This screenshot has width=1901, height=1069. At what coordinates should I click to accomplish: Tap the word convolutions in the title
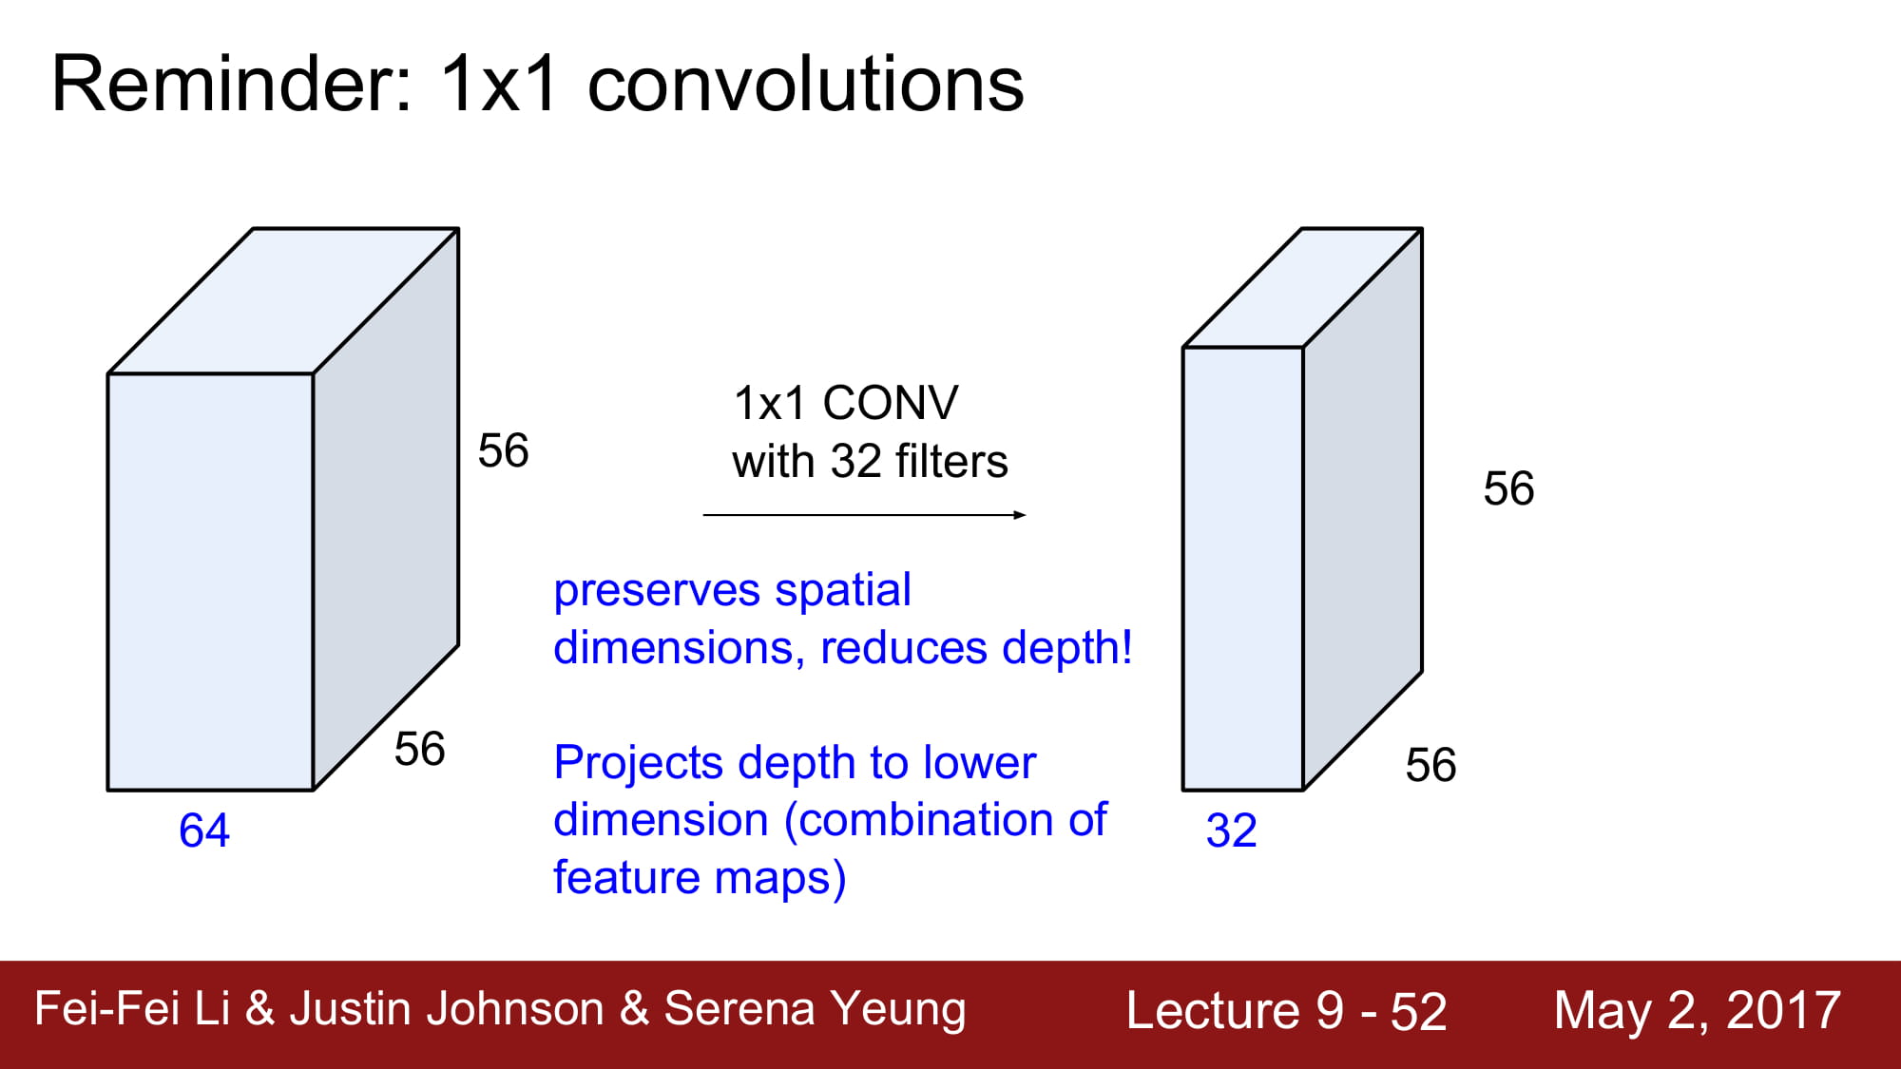click(x=806, y=85)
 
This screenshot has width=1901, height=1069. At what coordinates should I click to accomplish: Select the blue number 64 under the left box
click(x=204, y=830)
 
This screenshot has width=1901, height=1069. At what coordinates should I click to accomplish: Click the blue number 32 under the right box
click(x=1232, y=830)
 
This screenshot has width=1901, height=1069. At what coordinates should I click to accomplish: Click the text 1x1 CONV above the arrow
click(x=846, y=403)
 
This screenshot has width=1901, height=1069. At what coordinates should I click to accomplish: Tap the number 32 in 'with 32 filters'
click(x=856, y=462)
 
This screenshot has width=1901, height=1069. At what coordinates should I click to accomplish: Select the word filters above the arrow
click(x=951, y=461)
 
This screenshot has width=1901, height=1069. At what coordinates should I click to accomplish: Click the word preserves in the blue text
click(x=657, y=591)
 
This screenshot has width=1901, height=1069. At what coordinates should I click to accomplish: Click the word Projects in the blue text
click(x=639, y=763)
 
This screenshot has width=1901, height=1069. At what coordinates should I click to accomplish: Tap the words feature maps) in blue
click(x=700, y=877)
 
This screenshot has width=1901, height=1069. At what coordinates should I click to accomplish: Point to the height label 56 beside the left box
click(x=504, y=450)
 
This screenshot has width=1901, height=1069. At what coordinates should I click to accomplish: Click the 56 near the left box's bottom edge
click(x=420, y=749)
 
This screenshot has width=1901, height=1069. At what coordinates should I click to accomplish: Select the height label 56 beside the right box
click(x=1509, y=488)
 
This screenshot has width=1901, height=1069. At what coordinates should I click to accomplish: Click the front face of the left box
click(x=210, y=582)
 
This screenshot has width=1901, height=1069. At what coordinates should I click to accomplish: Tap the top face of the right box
click(x=1302, y=288)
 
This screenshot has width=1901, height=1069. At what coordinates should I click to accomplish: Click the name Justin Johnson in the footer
click(x=447, y=1009)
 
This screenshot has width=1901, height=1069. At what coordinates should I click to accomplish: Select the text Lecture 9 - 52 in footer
click(x=1286, y=1010)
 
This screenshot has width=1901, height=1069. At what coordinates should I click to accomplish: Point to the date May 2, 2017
click(x=1698, y=1010)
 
